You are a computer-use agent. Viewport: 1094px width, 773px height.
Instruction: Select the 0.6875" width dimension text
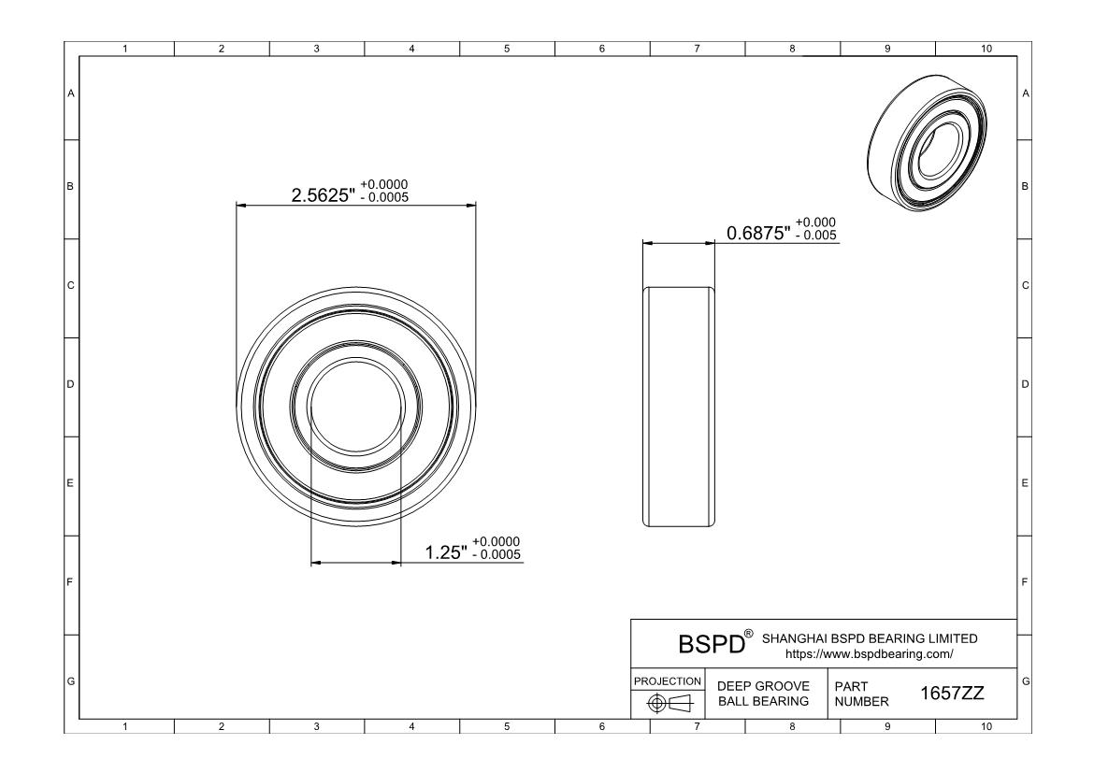[x=758, y=233]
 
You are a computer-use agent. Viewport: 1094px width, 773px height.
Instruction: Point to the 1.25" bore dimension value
[x=446, y=552]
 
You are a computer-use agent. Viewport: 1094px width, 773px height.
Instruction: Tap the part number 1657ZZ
[x=952, y=694]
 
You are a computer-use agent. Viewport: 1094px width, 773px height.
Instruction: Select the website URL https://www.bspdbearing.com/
[x=870, y=654]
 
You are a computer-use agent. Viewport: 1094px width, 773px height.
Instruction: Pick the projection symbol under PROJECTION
[x=668, y=702]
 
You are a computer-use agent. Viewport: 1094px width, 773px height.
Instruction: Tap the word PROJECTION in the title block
[x=668, y=680]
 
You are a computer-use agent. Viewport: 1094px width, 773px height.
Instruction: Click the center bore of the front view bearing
[x=355, y=405]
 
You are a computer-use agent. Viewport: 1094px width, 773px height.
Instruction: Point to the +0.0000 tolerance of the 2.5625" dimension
[x=383, y=184]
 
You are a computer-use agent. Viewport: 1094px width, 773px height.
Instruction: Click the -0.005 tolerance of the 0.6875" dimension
[x=815, y=236]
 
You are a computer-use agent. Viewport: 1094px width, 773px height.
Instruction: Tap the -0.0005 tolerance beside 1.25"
[x=496, y=556]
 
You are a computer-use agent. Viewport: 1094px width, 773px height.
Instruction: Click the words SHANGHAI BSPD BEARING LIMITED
[x=870, y=638]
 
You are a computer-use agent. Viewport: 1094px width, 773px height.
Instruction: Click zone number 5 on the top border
[x=506, y=48]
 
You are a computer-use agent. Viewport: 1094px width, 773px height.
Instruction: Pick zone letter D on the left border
[x=70, y=384]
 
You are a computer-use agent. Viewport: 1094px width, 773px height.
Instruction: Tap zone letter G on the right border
[x=1026, y=680]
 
